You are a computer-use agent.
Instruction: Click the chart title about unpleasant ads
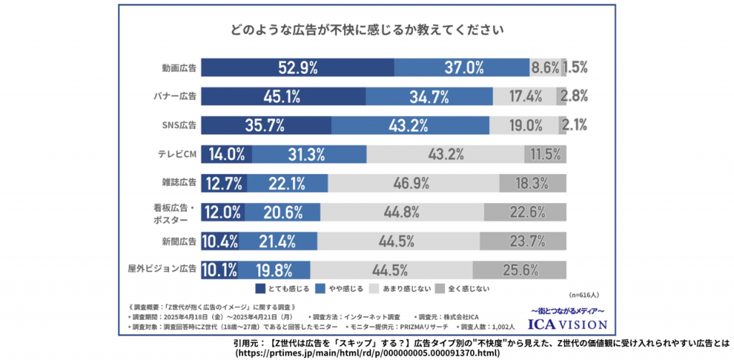[x=366, y=31]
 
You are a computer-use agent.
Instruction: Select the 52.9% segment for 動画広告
[x=297, y=68]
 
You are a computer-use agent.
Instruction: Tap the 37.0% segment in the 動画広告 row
[x=463, y=68]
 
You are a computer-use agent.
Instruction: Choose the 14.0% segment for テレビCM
[x=226, y=154]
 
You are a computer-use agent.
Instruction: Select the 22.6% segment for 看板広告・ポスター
[x=525, y=212]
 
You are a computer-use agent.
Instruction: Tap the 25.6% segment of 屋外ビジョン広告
[x=520, y=270]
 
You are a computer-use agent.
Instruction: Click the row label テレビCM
[x=177, y=154]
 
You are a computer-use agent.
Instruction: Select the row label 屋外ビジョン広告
[x=162, y=270]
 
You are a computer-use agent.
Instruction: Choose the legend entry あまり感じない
[x=404, y=289]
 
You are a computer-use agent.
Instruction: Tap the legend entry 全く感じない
[x=466, y=289]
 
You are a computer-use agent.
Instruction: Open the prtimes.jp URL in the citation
[x=366, y=353]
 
